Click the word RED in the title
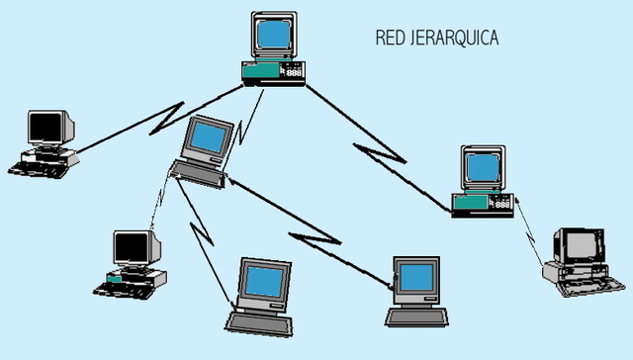coord(389,39)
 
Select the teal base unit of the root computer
coord(273,71)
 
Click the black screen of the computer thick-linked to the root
coord(46,128)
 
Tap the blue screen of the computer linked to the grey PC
coord(484,168)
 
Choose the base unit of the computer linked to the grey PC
coord(483,204)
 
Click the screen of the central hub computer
coord(209,138)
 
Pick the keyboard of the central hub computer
coord(199,172)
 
